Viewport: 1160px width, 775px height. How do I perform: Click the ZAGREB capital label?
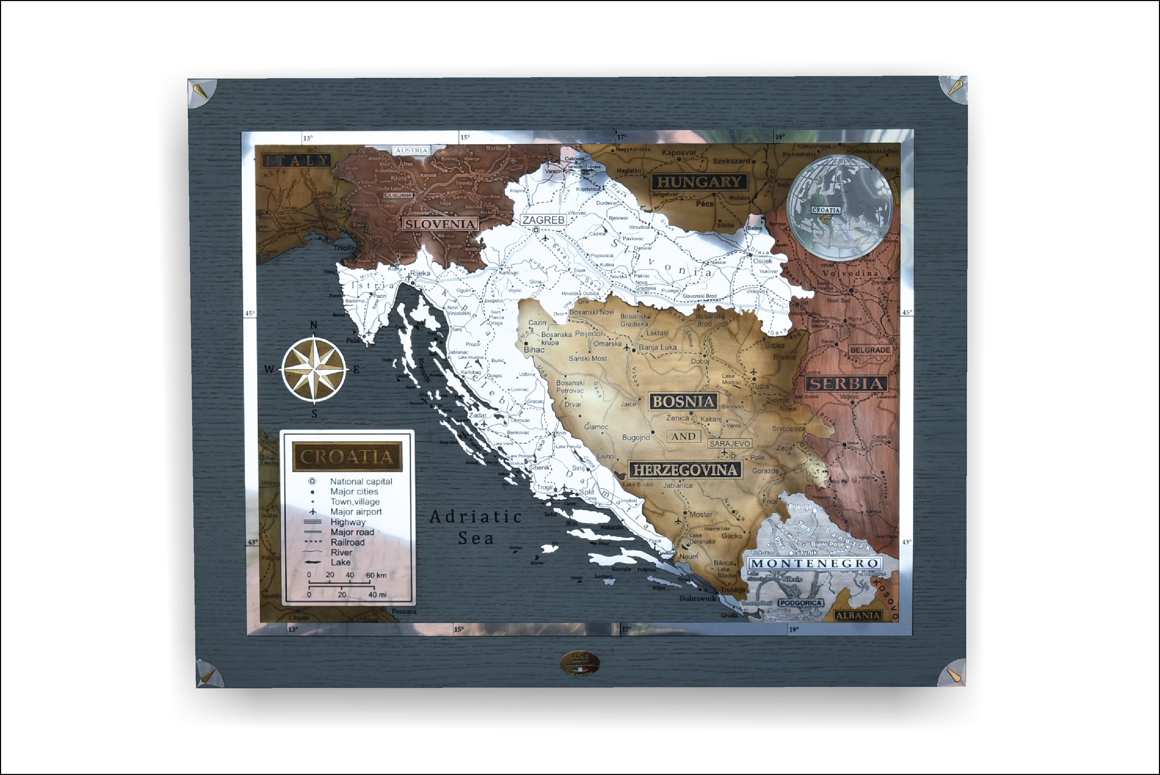[543, 220]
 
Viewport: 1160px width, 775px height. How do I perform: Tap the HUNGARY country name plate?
[699, 182]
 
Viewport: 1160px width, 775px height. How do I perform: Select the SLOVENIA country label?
[440, 224]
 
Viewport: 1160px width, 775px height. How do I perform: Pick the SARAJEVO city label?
[730, 443]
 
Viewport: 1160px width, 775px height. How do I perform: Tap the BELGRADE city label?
[870, 350]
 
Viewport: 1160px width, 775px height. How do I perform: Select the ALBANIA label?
[858, 615]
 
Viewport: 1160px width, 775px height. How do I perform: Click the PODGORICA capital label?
[800, 603]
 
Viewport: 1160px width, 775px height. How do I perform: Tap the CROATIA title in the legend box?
[347, 457]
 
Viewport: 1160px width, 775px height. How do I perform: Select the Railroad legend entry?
[347, 542]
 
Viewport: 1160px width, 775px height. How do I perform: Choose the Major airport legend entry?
[356, 512]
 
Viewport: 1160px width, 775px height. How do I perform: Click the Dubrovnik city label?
[698, 598]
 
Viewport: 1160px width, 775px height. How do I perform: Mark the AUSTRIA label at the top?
[411, 150]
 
